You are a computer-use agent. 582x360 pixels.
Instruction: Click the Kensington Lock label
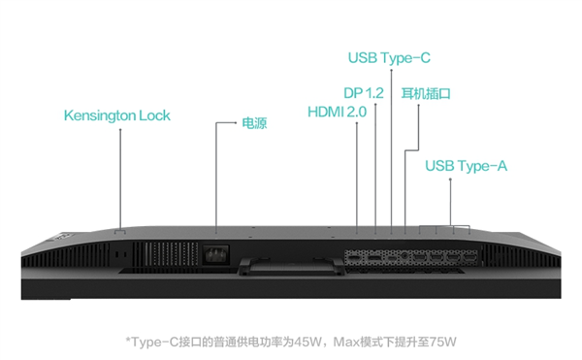[117, 115]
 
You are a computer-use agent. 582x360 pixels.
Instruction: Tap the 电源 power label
[254, 123]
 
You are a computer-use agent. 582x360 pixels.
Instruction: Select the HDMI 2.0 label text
[337, 112]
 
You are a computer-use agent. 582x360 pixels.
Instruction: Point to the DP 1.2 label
[364, 93]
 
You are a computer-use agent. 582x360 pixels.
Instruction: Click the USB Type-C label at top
[389, 58]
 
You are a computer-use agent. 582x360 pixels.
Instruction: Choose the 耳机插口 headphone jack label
[426, 93]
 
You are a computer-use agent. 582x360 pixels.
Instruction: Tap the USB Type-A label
[466, 166]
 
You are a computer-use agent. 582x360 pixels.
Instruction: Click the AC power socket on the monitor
[215, 254]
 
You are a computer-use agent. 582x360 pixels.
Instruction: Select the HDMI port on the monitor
[355, 256]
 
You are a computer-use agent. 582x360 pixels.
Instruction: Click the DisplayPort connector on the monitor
[374, 256]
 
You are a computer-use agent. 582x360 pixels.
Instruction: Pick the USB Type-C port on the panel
[392, 256]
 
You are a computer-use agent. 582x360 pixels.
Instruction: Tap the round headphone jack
[404, 256]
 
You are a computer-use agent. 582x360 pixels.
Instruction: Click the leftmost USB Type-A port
[420, 256]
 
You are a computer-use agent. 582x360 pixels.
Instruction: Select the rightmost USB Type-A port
[469, 256]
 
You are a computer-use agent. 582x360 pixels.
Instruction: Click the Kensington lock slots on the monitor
[120, 255]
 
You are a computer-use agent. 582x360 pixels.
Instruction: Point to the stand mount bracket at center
[291, 266]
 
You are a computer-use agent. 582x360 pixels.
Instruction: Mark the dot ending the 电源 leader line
[236, 122]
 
